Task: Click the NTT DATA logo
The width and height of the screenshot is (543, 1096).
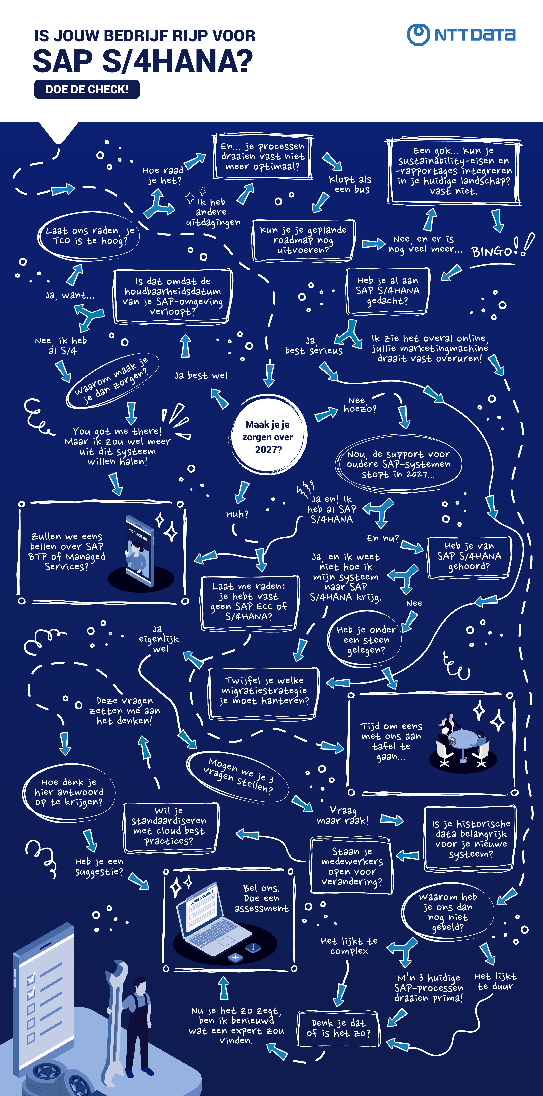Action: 461,34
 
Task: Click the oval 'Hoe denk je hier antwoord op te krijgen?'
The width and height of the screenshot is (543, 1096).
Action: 69,792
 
